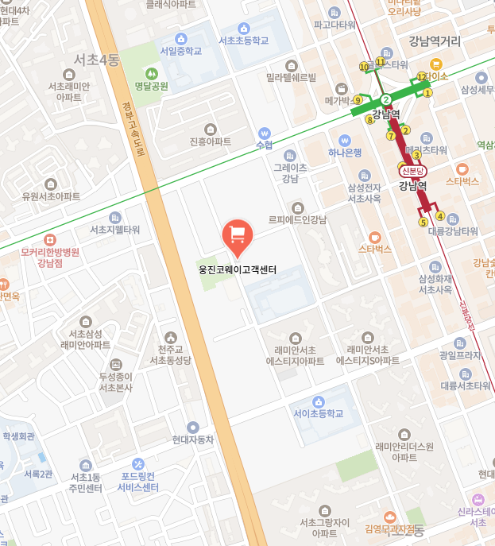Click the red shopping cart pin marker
point(236,234)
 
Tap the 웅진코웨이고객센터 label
point(238,270)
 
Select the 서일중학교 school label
point(181,51)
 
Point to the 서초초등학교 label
point(244,41)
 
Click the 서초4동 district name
point(96,60)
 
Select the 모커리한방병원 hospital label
point(50,253)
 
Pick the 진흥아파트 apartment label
point(211,141)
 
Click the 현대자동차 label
point(193,439)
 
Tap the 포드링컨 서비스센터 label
point(138,482)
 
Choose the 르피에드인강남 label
point(297,219)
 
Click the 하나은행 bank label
point(345,153)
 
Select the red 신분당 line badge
point(413,171)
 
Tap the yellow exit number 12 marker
point(421,77)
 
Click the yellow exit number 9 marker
point(358,100)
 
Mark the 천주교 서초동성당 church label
point(171,354)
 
